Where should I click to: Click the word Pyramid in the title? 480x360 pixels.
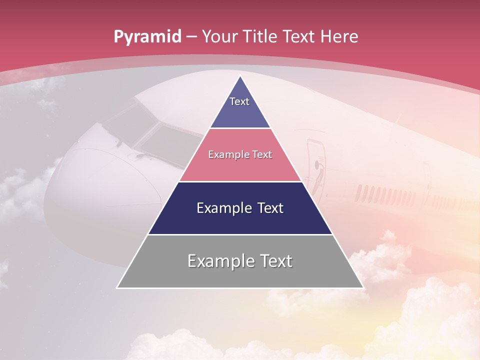[x=147, y=37]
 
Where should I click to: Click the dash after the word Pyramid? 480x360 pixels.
[x=191, y=37]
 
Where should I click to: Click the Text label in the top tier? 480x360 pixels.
[x=239, y=101]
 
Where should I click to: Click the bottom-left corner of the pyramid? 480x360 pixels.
[x=117, y=287]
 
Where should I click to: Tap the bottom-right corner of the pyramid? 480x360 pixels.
[x=362, y=287]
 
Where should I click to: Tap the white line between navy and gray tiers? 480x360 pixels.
[x=240, y=234]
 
